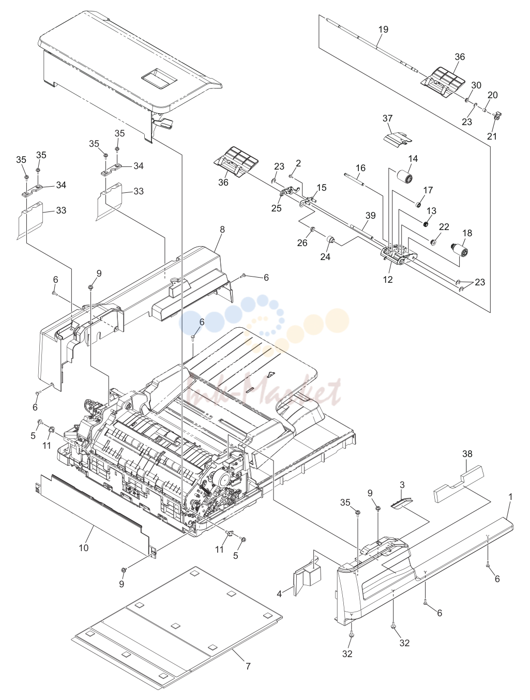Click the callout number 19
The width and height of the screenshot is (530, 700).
click(383, 29)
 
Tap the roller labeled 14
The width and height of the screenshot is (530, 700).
click(405, 176)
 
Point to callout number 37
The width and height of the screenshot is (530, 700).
click(387, 118)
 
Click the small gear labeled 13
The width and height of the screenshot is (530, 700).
click(425, 224)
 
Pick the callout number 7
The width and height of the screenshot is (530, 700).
click(248, 666)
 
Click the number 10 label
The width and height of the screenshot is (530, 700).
click(84, 548)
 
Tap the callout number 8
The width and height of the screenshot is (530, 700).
click(222, 230)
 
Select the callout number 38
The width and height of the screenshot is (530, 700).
click(467, 454)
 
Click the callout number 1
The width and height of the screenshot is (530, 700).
click(510, 497)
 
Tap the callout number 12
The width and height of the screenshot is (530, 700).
click(388, 279)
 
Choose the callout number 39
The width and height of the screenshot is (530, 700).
click(371, 216)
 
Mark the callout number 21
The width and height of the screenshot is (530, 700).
click(492, 136)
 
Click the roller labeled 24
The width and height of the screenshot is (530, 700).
click(330, 239)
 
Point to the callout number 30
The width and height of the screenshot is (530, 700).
click(476, 85)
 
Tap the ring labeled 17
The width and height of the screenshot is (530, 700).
click(418, 204)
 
